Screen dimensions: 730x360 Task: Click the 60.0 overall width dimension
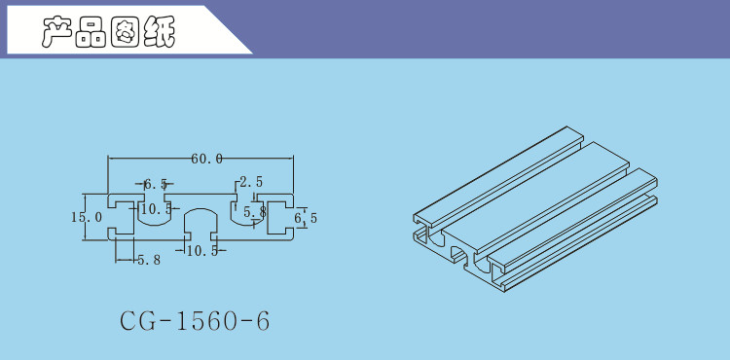(206, 159)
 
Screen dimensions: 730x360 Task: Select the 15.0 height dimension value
(86, 217)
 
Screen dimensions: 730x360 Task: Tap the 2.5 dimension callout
(251, 182)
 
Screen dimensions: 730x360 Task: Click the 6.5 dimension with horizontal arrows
(156, 184)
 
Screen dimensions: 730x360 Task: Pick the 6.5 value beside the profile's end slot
(307, 218)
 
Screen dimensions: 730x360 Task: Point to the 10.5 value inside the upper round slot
(157, 209)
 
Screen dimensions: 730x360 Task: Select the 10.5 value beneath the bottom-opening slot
(202, 251)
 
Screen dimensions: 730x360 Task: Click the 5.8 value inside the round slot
(255, 212)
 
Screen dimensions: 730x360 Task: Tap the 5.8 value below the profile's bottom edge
(149, 260)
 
